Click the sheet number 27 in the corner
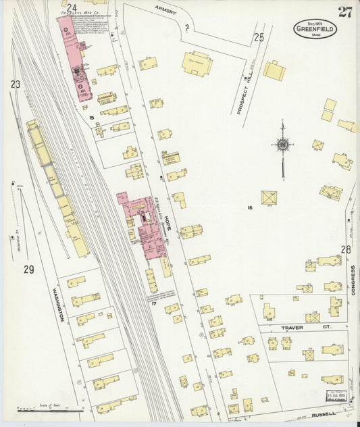345,11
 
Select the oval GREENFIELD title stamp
315,29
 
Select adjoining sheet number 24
71,7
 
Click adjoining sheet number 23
15,84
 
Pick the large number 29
28,270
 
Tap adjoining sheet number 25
259,37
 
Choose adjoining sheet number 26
345,249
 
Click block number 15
91,118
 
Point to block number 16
249,208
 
